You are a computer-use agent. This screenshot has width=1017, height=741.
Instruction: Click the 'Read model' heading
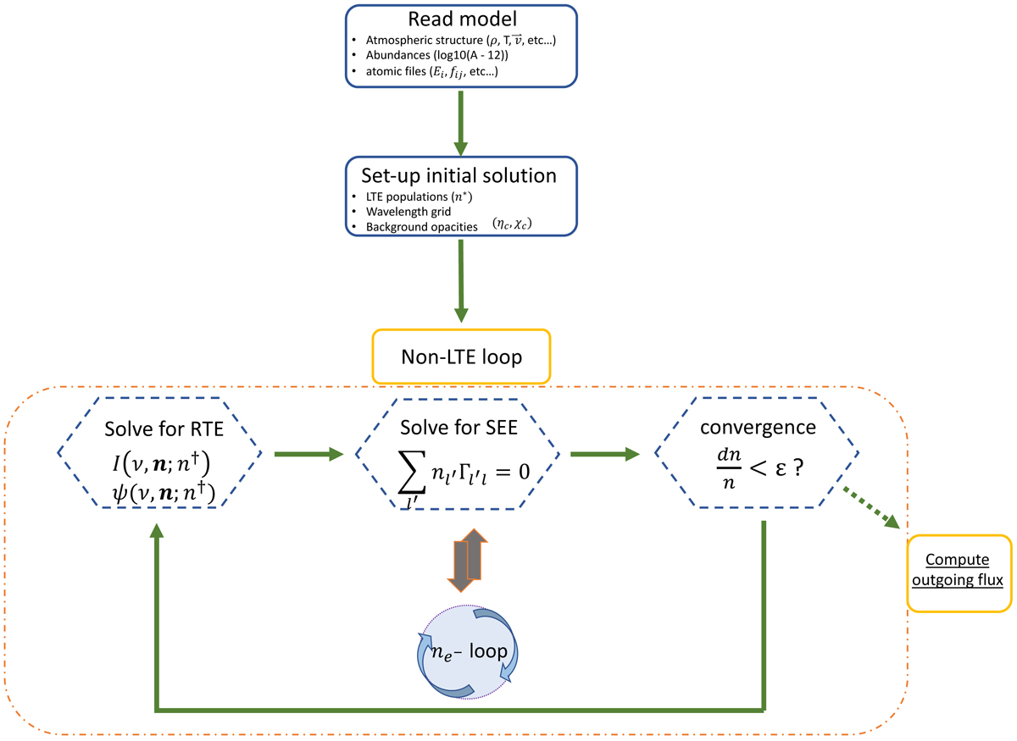point(463,20)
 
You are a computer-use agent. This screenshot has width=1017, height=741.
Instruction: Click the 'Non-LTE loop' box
point(461,356)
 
